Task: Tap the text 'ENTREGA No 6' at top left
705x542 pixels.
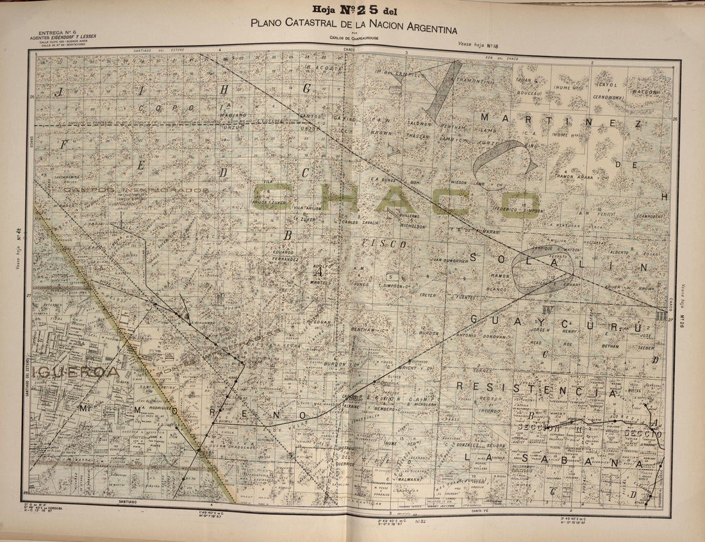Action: [x=58, y=32]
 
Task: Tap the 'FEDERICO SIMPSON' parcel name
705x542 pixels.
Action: [x=518, y=210]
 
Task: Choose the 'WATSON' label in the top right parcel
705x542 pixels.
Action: [x=645, y=92]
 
